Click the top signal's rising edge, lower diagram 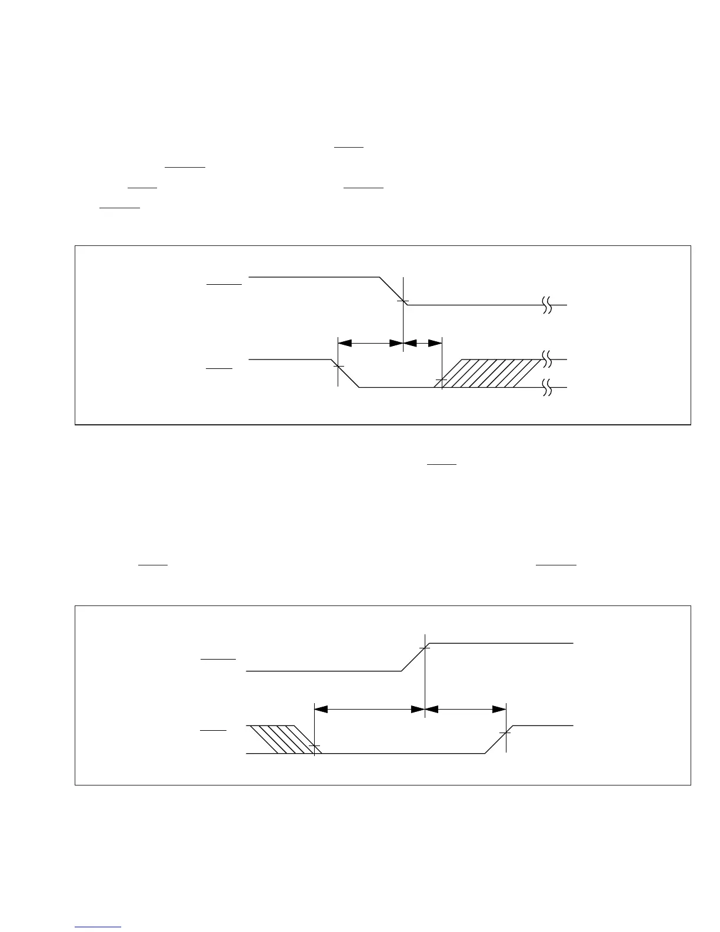[x=415, y=657]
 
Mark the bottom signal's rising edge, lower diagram [x=498, y=740]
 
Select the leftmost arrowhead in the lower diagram [x=322, y=710]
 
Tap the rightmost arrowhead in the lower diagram [x=499, y=710]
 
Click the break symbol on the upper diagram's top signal [x=546, y=305]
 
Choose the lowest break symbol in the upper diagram [x=546, y=388]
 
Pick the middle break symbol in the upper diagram [x=546, y=359]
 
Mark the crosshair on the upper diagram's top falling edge [x=403, y=301]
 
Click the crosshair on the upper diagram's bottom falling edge [x=338, y=366]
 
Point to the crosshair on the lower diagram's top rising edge [x=424, y=648]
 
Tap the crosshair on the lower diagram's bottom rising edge [x=505, y=733]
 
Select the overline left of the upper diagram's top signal [x=224, y=284]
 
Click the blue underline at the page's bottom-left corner [x=98, y=927]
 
